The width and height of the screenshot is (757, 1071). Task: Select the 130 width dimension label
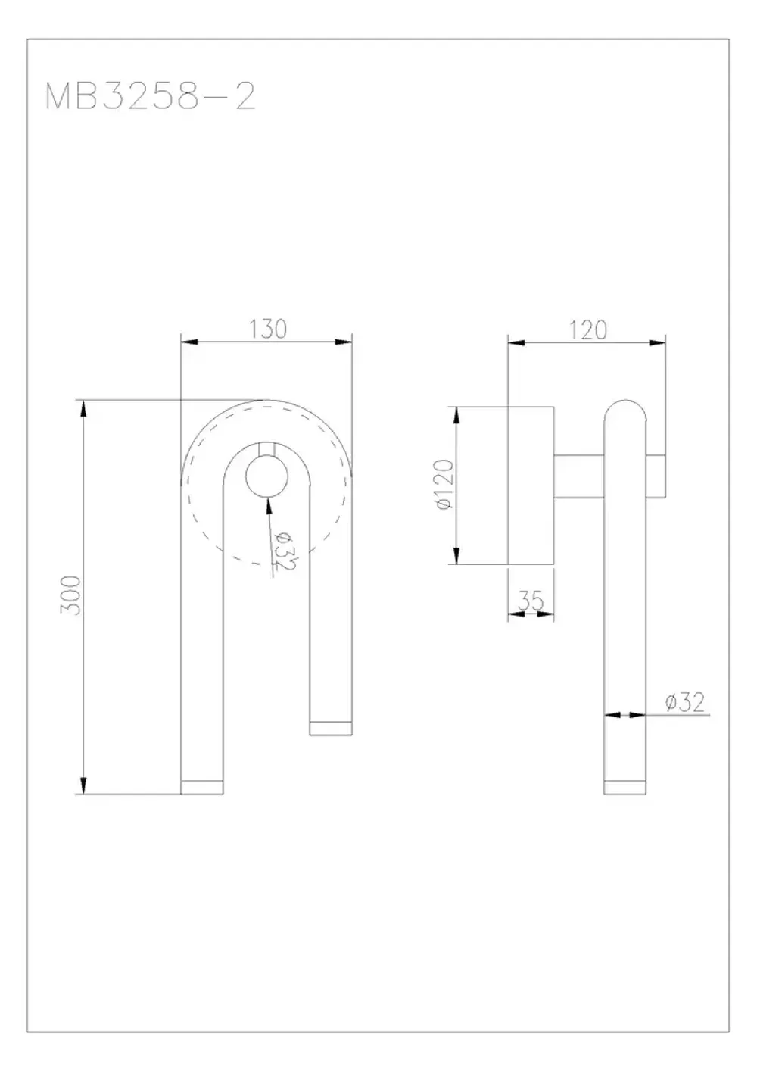[268, 329]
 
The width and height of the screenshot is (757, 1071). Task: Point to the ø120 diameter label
[445, 485]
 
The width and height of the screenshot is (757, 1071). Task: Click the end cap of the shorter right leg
[332, 728]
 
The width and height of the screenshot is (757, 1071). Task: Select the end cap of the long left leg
[202, 787]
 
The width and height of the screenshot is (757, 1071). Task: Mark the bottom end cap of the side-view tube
[625, 787]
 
